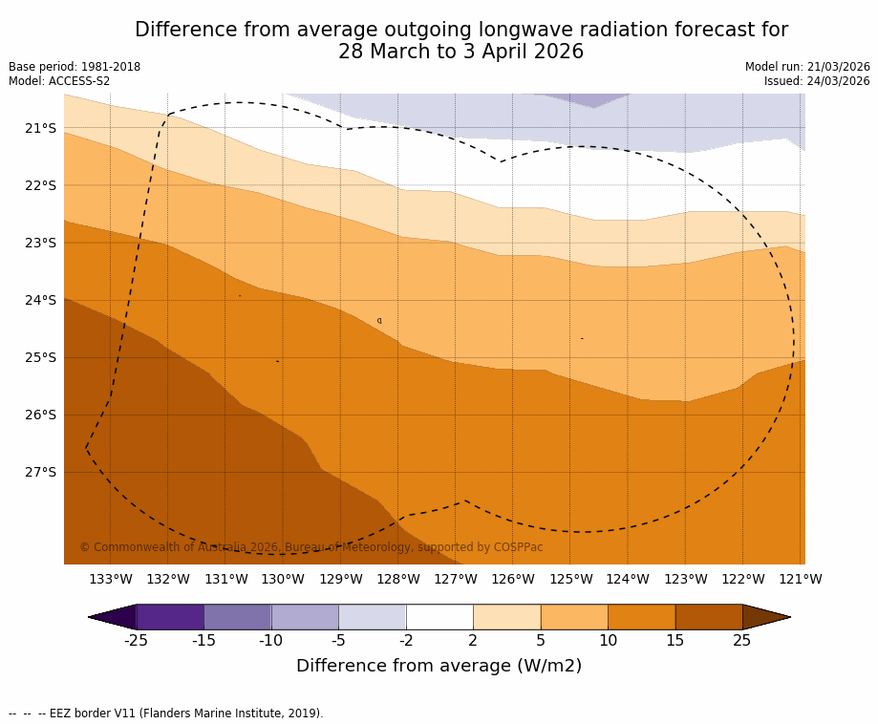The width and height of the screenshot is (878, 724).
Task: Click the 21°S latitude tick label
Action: (x=40, y=128)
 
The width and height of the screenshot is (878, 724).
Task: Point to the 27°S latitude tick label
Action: (x=40, y=472)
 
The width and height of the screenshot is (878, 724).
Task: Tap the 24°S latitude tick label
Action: (x=40, y=300)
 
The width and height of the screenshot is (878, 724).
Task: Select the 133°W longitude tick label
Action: (x=110, y=579)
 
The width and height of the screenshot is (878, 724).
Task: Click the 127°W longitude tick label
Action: (x=455, y=579)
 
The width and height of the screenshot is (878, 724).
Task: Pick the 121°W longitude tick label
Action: (x=800, y=579)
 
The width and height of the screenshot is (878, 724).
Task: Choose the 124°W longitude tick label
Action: (x=628, y=579)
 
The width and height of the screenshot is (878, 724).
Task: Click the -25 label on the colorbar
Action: (x=136, y=641)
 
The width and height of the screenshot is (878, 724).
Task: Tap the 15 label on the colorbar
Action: (x=675, y=641)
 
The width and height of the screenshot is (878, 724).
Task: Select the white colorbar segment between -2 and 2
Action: (x=439, y=617)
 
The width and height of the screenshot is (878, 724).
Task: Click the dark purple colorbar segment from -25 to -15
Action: (x=170, y=617)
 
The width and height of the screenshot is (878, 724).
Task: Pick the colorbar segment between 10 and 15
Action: (x=641, y=617)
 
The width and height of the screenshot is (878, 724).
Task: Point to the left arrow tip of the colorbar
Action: (x=91, y=617)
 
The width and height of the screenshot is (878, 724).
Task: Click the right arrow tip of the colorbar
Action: (x=788, y=617)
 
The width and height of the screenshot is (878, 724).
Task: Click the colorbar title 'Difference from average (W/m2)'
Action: (x=439, y=666)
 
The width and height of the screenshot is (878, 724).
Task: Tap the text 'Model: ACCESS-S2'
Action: (x=59, y=81)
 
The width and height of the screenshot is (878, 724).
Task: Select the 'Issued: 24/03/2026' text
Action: (x=817, y=81)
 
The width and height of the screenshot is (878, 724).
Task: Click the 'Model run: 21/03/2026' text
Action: (x=807, y=67)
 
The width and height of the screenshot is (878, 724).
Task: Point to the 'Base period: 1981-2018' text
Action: (x=75, y=67)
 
